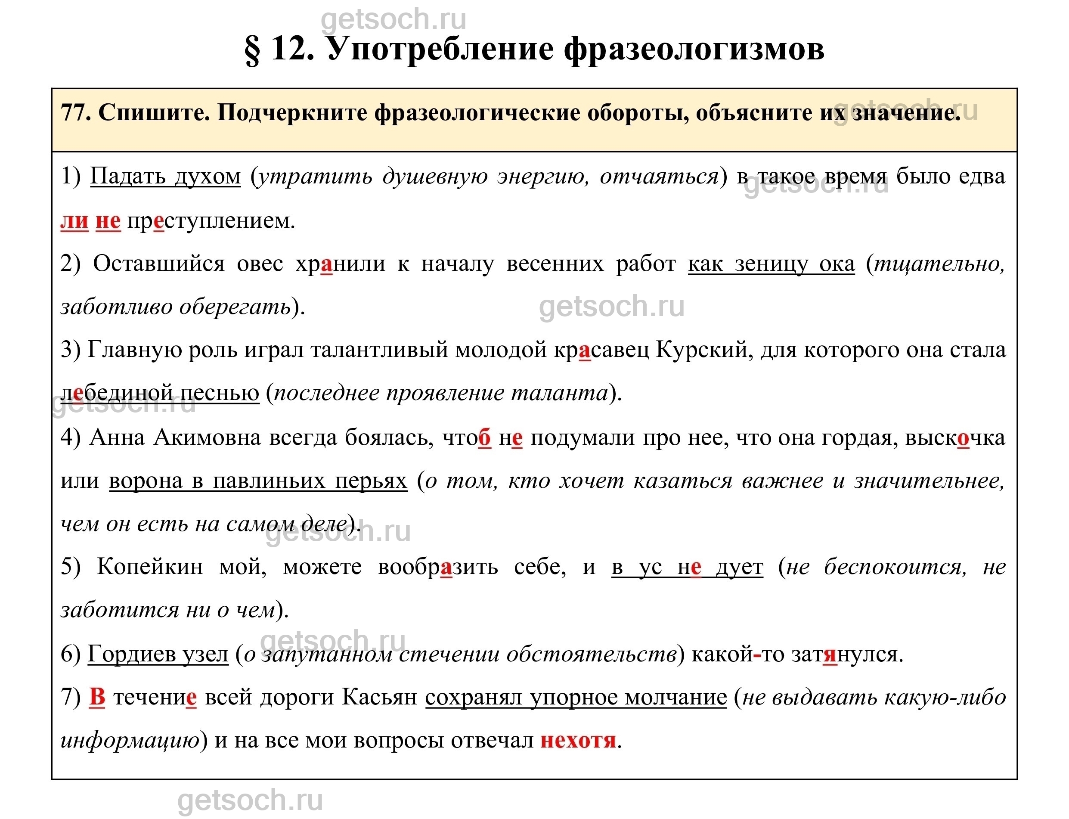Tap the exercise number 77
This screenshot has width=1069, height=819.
click(75, 114)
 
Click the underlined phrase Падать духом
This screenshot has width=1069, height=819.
click(165, 177)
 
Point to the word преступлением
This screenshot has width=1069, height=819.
click(211, 221)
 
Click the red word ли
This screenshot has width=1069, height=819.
click(74, 221)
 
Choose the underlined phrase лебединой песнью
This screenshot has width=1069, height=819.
click(160, 393)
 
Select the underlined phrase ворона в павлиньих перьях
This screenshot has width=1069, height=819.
click(258, 481)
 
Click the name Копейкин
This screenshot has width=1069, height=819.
click(150, 567)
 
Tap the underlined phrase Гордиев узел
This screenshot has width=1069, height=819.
click(158, 654)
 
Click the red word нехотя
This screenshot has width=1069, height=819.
click(578, 741)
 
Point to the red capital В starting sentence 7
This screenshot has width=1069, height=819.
click(97, 698)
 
